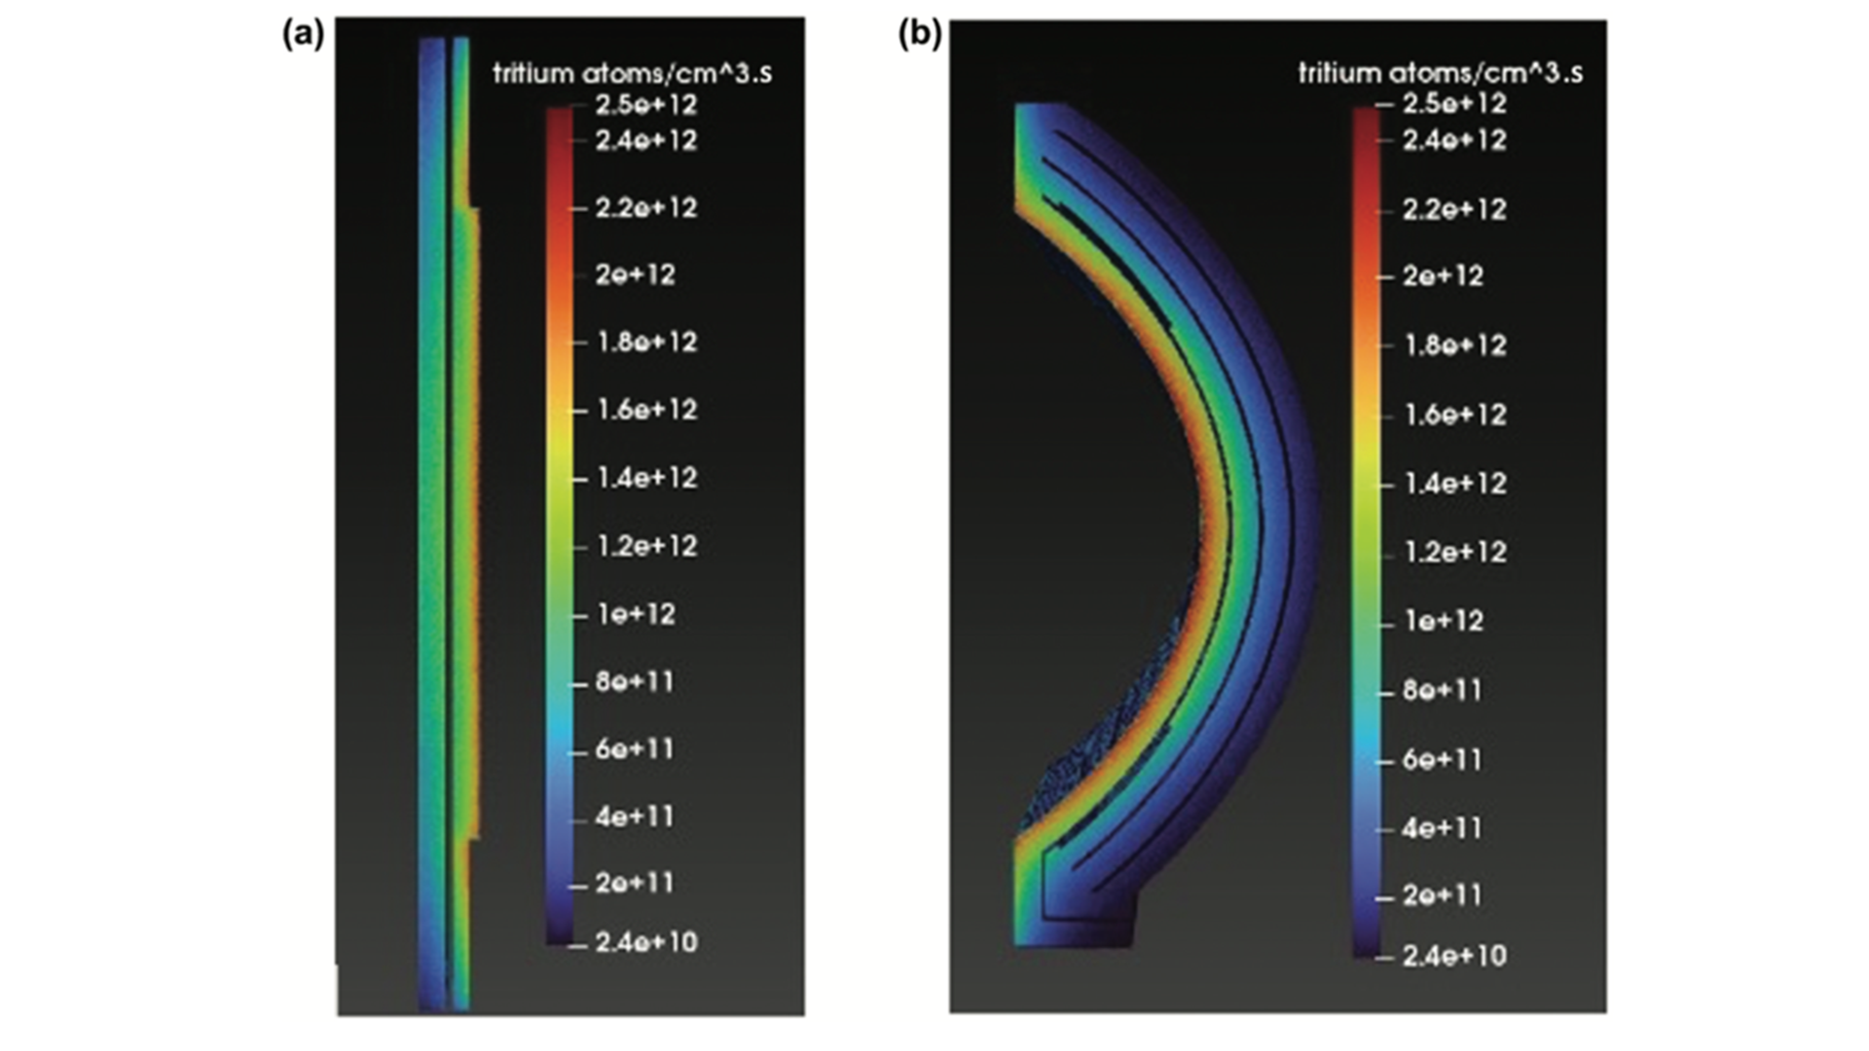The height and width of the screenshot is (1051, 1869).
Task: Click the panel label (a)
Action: coord(303,34)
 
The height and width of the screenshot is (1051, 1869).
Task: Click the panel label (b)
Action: coord(920,34)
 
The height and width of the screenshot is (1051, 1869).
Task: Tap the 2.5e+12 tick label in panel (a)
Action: coord(647,104)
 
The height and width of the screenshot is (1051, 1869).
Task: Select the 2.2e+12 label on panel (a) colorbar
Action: coord(647,207)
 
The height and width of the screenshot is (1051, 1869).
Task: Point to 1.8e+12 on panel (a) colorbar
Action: coord(647,342)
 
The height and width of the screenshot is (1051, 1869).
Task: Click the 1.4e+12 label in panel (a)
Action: coord(647,478)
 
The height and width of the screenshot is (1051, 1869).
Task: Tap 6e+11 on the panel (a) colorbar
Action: coord(635,748)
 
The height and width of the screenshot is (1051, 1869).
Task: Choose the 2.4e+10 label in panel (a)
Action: coord(647,941)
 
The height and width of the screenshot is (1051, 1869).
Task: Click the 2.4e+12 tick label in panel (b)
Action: coord(1454,140)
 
